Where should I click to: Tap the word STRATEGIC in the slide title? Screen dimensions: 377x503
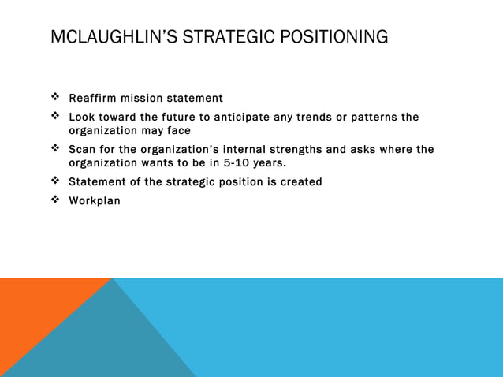click(x=223, y=37)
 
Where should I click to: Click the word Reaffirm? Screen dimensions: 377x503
click(x=94, y=99)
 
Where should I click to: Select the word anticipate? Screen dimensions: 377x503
click(x=238, y=118)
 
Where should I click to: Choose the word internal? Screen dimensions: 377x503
click(x=259, y=150)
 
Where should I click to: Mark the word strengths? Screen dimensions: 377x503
click(x=323, y=150)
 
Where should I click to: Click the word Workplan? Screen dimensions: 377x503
click(x=95, y=201)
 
